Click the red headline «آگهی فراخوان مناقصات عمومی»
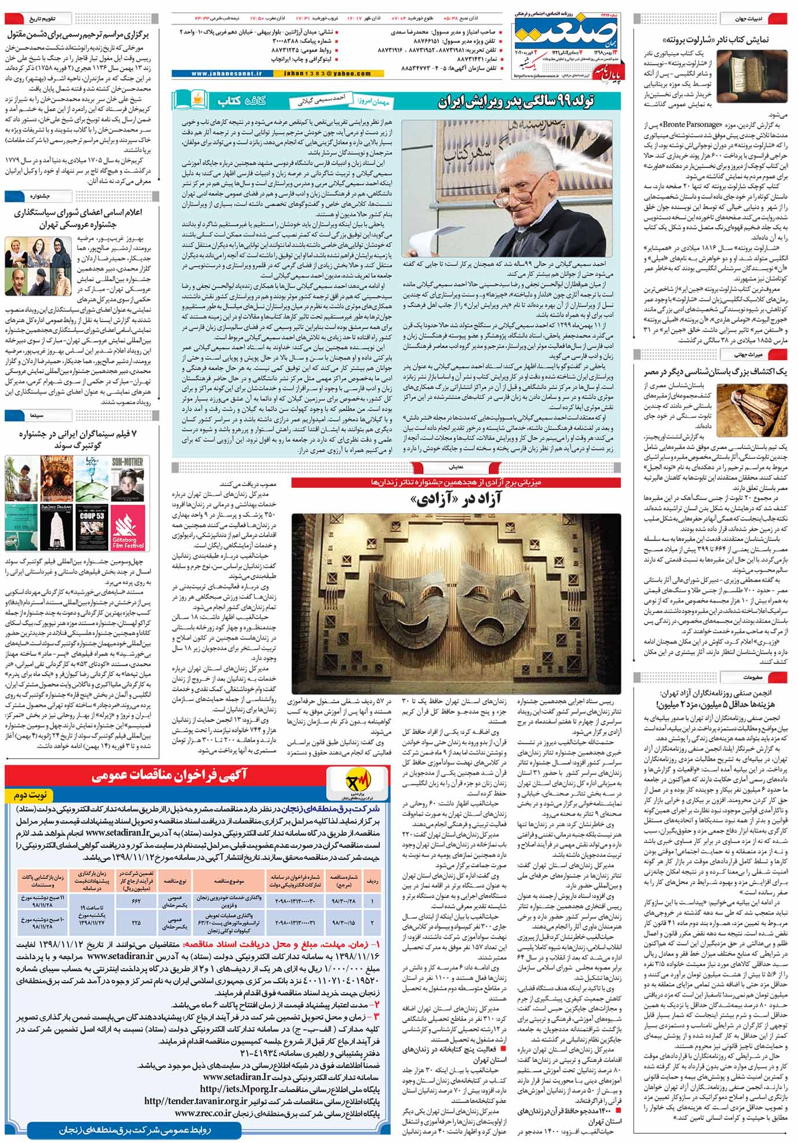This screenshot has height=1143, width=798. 169,776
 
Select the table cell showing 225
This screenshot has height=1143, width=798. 137,922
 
